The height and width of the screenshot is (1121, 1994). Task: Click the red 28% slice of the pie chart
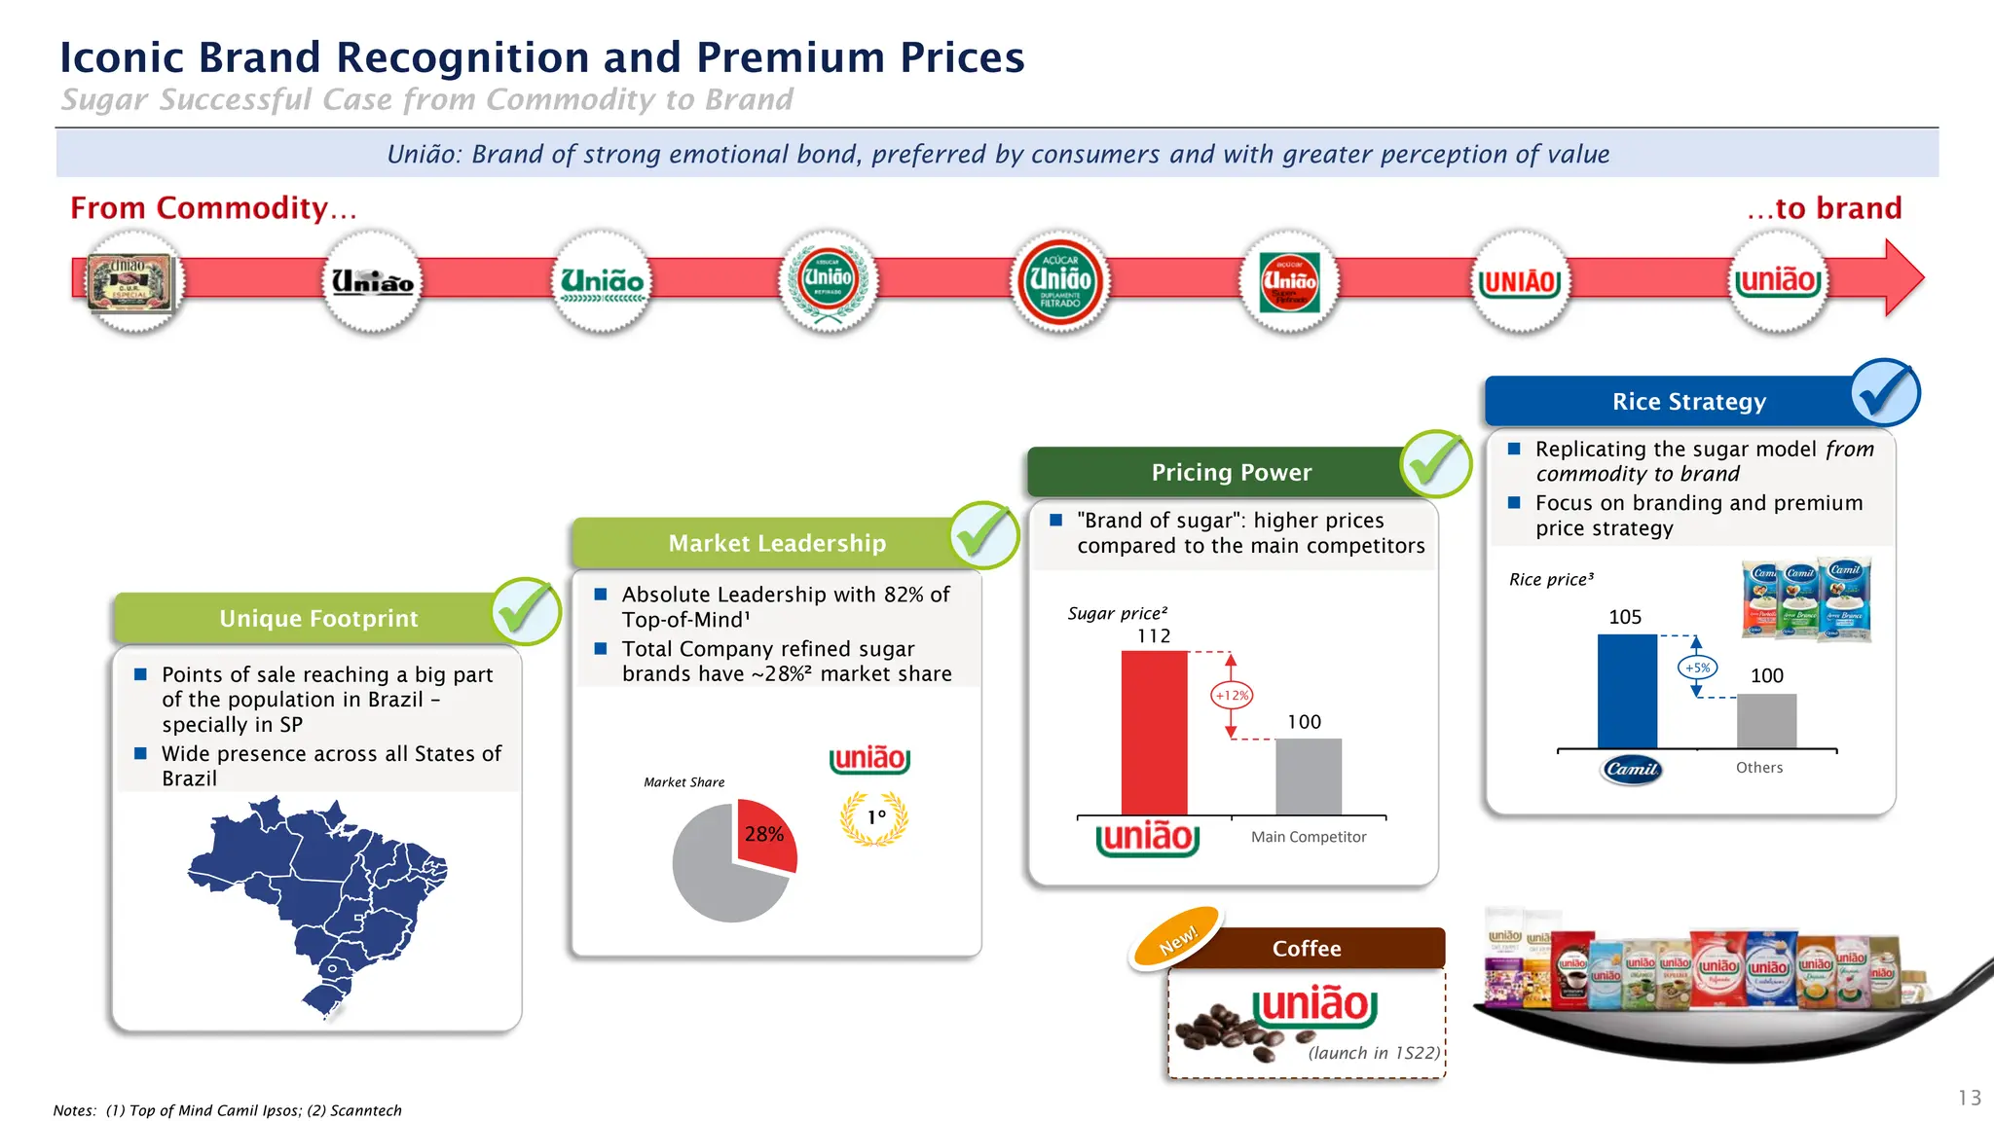coord(766,836)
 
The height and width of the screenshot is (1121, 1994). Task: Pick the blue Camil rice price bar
coord(1626,691)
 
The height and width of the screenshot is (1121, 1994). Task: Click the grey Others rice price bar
coord(1766,721)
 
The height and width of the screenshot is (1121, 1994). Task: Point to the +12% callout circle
coord(1232,696)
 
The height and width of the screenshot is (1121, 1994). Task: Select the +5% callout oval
coord(1697,668)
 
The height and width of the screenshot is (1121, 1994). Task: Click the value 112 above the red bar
coord(1154,636)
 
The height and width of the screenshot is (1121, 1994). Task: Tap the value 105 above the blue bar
coord(1625,617)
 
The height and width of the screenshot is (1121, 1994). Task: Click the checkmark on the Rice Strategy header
coord(1885,392)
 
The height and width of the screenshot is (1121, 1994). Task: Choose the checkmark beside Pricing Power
coord(1436,463)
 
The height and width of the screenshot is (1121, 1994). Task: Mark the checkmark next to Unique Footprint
coord(526,611)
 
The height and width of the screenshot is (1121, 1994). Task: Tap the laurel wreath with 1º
coord(874,818)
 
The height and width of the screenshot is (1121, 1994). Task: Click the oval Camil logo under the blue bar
coord(1632,769)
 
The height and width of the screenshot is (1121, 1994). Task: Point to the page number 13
coord(1969,1098)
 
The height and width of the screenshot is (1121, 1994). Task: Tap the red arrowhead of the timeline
coord(1904,278)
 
